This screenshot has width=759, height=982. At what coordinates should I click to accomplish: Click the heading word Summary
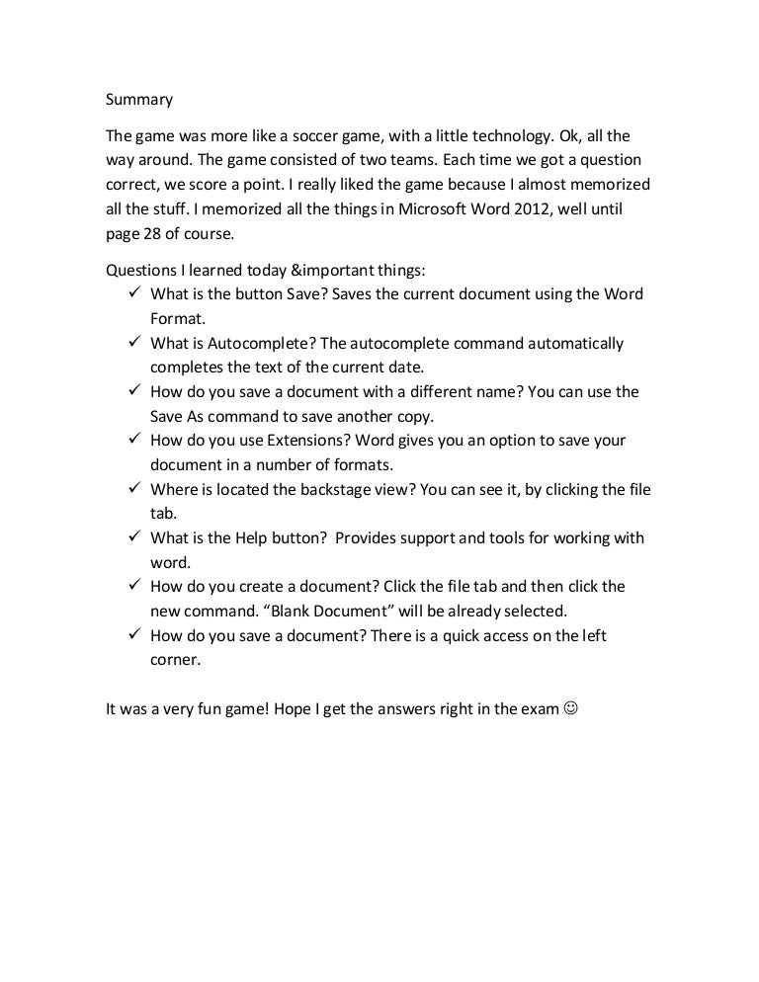coord(139,100)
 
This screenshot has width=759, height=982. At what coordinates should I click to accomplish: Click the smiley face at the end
coord(569,708)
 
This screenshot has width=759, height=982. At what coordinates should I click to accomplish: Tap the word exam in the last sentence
coord(539,708)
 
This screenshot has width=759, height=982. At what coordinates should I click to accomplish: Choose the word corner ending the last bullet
coord(175,659)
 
